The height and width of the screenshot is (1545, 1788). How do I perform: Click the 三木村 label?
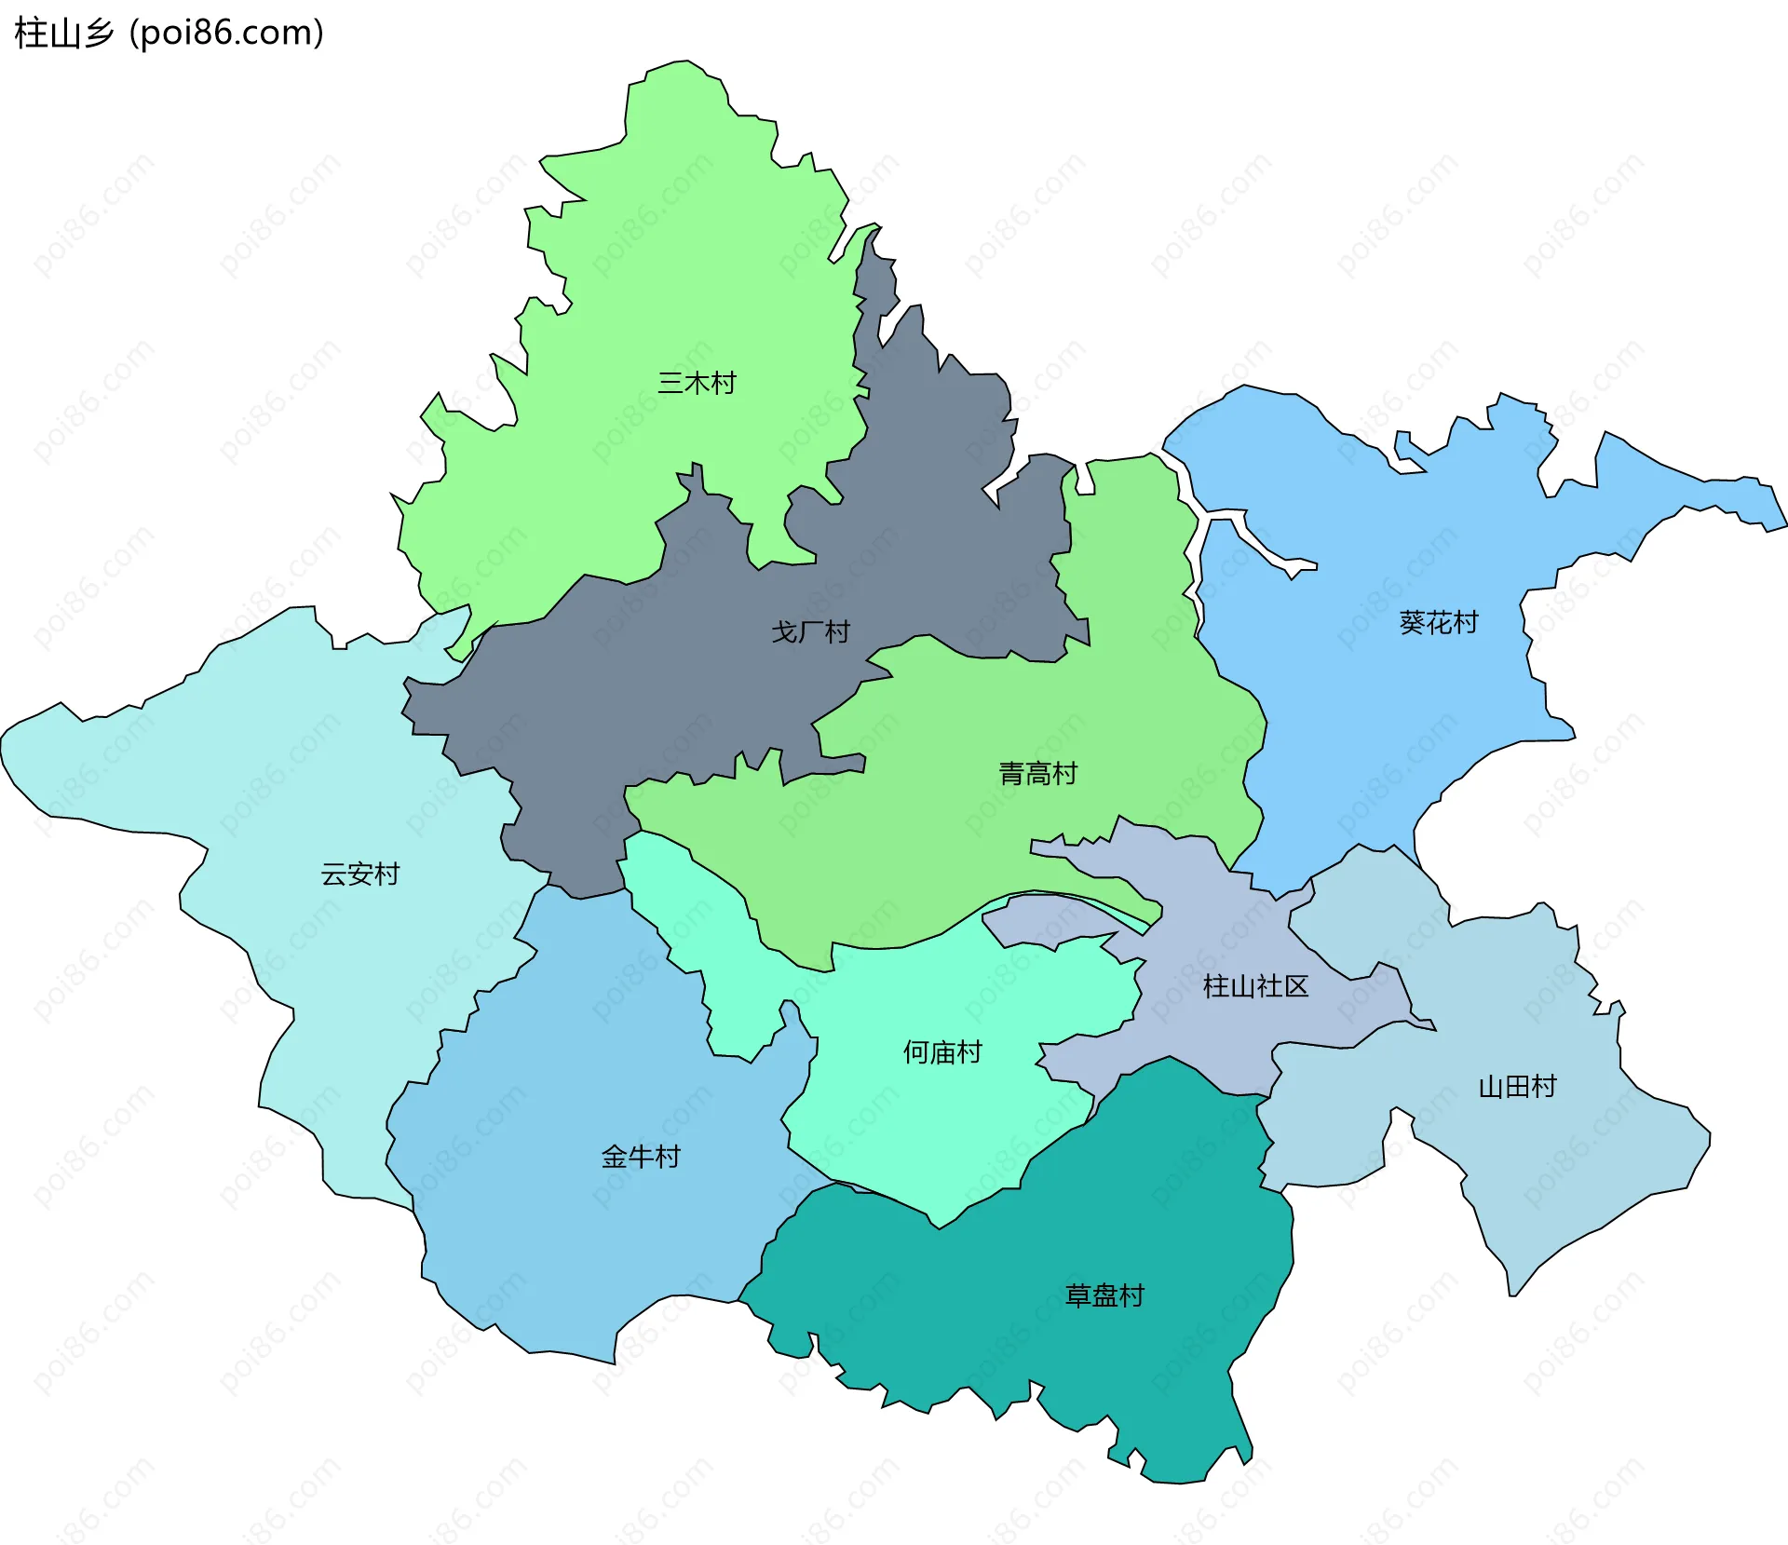point(697,383)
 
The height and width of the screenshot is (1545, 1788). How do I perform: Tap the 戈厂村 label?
point(810,632)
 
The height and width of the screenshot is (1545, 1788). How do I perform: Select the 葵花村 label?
point(1439,623)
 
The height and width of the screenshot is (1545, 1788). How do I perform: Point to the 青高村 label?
point(1037,774)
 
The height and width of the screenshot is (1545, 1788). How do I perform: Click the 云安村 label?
point(359,874)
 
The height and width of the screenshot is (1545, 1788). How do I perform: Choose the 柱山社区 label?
point(1255,986)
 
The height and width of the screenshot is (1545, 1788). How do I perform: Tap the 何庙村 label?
point(942,1053)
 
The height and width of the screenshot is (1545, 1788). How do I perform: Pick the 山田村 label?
point(1517,1087)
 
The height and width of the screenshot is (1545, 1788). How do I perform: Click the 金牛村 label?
point(641,1158)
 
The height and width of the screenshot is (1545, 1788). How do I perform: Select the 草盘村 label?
point(1104,1296)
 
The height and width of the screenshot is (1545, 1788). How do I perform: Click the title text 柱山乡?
point(63,34)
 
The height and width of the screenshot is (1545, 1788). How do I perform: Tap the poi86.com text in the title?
point(226,34)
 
